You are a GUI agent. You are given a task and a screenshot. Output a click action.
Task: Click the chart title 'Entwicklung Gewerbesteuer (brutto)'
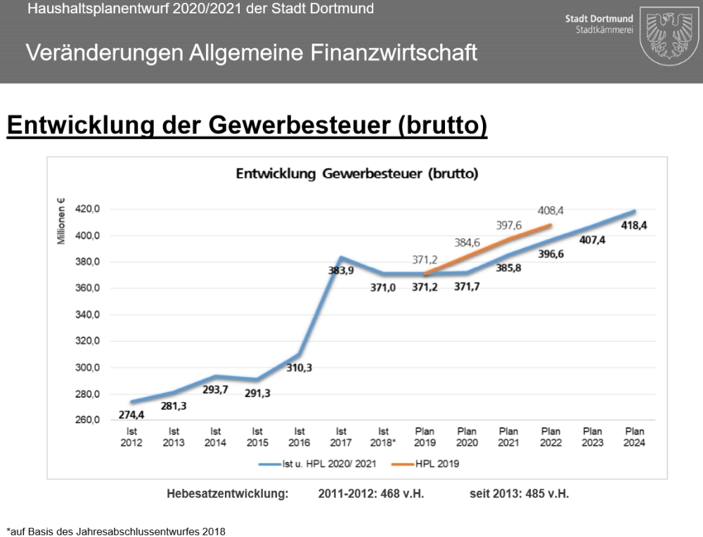coord(357,174)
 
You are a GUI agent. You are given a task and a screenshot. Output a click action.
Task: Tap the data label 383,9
coord(341,269)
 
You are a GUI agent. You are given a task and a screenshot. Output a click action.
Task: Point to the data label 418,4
coord(635,225)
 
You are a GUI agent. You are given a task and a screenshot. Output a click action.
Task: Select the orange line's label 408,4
coord(551,210)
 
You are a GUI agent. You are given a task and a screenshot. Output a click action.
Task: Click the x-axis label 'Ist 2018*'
coord(384,437)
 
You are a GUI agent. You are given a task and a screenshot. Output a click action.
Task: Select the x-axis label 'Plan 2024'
coord(635,437)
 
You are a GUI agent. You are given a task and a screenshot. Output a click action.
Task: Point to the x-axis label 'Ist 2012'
coord(131,437)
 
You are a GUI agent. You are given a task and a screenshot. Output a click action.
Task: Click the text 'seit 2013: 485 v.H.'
coord(519,493)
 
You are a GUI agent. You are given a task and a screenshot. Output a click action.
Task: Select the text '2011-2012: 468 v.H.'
coord(370,493)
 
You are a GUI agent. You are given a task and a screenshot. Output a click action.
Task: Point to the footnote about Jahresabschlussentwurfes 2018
coord(116,531)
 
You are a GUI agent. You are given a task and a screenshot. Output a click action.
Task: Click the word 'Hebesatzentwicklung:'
coord(228,493)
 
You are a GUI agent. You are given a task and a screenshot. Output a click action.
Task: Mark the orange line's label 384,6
coord(467,242)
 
